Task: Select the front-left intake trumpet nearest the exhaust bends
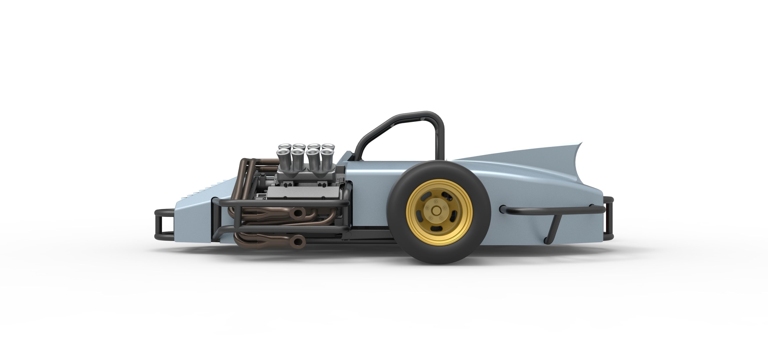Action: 282,155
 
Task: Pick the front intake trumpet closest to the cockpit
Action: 326,155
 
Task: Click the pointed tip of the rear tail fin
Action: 581,143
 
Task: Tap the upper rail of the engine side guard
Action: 283,202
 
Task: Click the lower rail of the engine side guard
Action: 283,229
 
